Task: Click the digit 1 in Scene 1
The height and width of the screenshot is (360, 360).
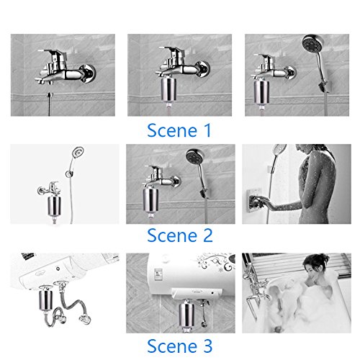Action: click(x=207, y=130)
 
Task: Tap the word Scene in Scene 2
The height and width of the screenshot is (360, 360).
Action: click(x=172, y=235)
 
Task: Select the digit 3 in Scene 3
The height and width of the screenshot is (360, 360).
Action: click(x=208, y=346)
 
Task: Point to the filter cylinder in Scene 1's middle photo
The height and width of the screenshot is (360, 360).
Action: click(x=168, y=89)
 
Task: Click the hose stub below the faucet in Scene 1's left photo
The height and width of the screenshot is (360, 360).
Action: click(x=50, y=104)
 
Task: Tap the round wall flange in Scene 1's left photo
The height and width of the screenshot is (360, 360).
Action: click(x=89, y=73)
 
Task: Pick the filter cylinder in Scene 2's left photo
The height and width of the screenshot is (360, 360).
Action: click(x=54, y=205)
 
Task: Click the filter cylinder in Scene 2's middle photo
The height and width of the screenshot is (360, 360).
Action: click(x=150, y=199)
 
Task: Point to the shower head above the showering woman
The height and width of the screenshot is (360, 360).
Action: click(x=280, y=150)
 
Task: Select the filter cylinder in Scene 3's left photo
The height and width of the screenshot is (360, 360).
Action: click(x=45, y=300)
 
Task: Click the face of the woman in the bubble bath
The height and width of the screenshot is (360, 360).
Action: click(x=311, y=271)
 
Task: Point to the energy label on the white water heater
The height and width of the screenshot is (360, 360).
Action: click(x=158, y=274)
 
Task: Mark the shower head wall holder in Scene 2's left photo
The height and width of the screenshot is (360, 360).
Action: click(x=69, y=174)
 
